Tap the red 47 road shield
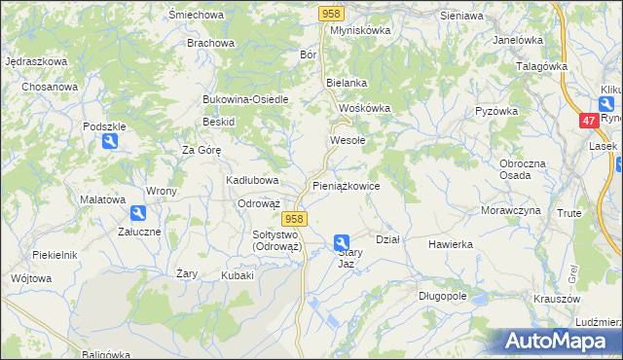(x=588, y=121)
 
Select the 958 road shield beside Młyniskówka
(x=331, y=13)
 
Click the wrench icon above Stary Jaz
(x=342, y=242)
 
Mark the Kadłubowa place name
(x=253, y=180)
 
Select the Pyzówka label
(x=495, y=111)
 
